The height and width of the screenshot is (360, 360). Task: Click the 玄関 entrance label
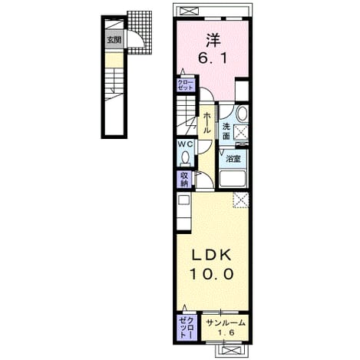click(114, 40)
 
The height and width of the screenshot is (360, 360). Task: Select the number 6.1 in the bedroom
click(213, 59)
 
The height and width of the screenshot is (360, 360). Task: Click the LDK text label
click(212, 254)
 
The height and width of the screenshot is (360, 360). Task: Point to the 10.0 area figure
click(212, 274)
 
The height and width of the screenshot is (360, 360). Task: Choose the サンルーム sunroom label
click(226, 323)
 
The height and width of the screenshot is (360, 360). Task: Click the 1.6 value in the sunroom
click(226, 333)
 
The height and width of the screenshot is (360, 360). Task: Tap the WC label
click(185, 144)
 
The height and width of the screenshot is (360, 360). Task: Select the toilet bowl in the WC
click(185, 157)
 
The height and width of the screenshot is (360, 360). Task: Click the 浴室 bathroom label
click(233, 159)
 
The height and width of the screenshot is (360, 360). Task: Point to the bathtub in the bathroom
click(233, 179)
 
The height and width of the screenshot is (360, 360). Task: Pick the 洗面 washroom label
click(226, 131)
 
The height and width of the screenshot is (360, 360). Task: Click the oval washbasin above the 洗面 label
click(243, 113)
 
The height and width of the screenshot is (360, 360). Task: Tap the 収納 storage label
click(184, 180)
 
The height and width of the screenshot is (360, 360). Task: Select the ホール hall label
click(206, 124)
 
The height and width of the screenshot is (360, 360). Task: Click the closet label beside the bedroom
click(186, 85)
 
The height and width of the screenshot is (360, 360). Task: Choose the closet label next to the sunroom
click(186, 327)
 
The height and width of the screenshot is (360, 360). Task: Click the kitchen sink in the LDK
click(183, 200)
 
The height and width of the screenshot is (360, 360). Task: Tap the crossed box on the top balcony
click(190, 12)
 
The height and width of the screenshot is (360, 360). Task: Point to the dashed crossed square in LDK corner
click(241, 200)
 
